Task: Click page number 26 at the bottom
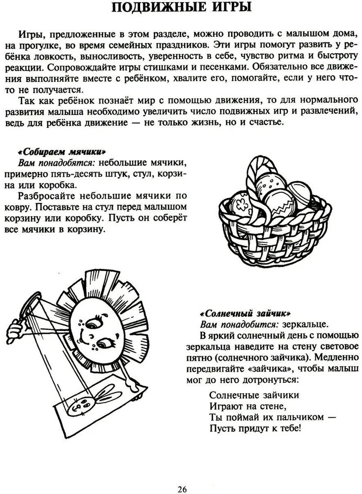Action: click(x=181, y=488)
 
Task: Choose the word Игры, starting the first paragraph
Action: click(x=32, y=34)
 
